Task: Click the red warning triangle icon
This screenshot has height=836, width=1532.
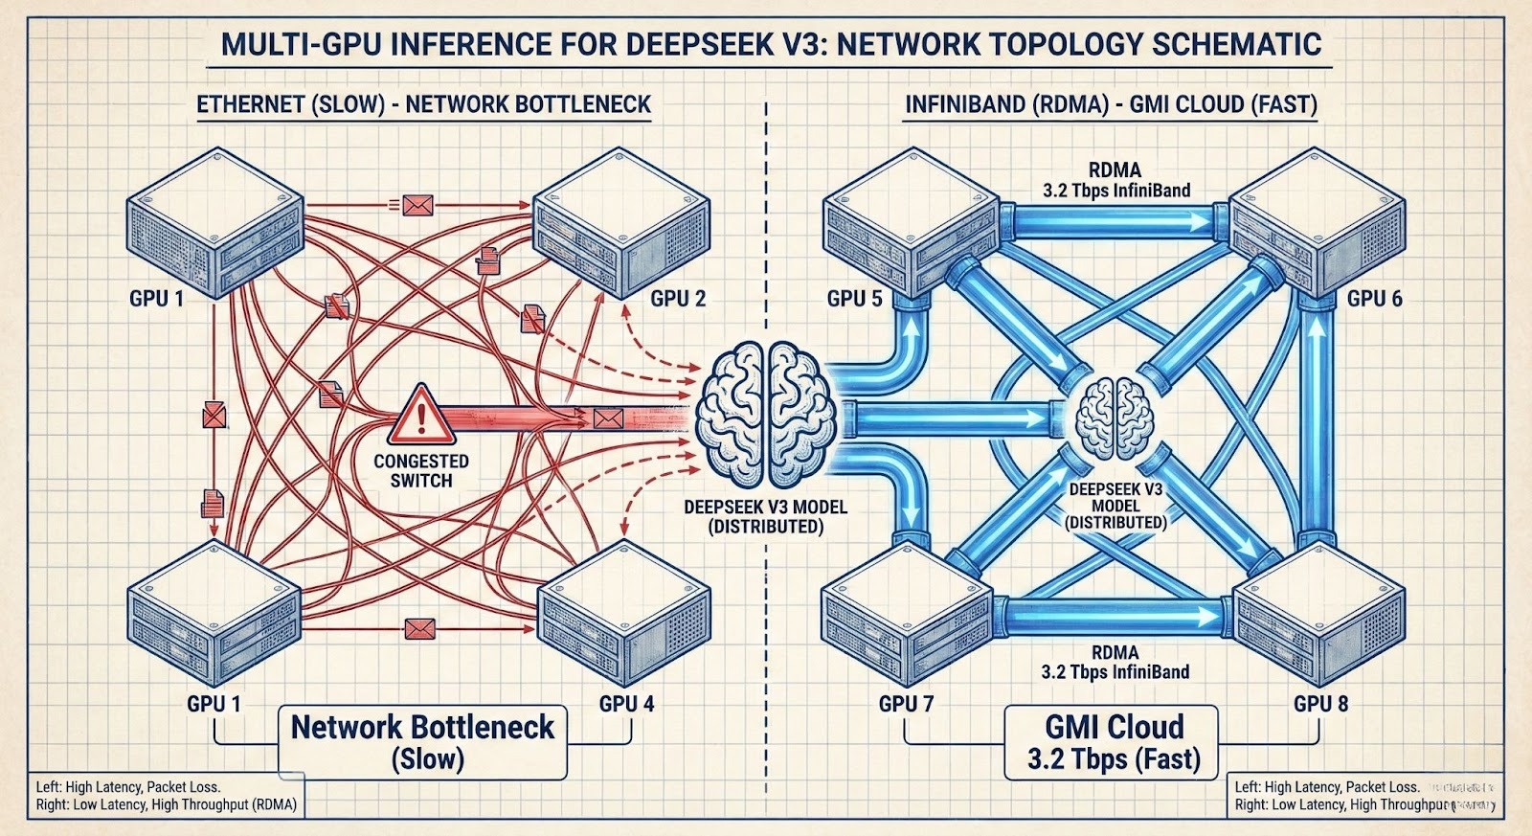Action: (x=417, y=412)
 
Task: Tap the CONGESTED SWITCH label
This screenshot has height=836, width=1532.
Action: (x=421, y=470)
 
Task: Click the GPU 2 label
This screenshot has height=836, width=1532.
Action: (x=678, y=298)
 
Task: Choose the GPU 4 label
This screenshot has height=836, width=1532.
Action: (x=627, y=704)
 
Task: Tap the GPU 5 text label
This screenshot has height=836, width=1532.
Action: (x=855, y=299)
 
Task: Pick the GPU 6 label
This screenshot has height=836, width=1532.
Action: (x=1374, y=298)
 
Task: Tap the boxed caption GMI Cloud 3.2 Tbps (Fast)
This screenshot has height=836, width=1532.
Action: (x=1113, y=741)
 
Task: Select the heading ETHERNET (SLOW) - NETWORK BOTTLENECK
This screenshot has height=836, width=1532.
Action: (x=423, y=103)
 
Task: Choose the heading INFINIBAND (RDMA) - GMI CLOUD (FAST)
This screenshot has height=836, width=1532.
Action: (x=1112, y=103)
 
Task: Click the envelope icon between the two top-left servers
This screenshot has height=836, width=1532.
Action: (x=417, y=204)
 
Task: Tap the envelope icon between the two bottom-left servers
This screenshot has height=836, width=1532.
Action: (x=419, y=629)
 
